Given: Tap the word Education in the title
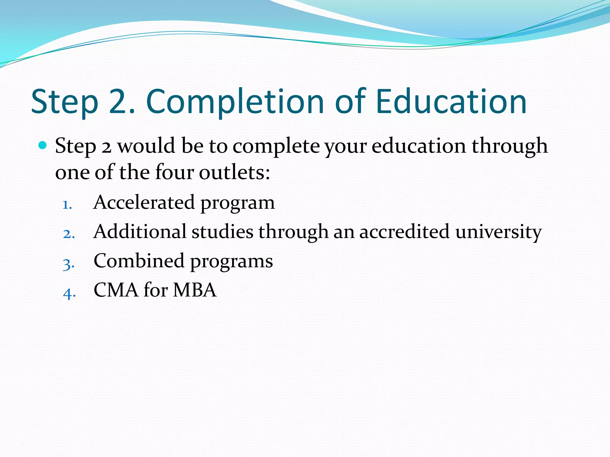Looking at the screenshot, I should (451, 102).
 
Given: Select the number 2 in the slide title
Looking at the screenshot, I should (119, 102).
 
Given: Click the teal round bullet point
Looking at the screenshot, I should (43, 145).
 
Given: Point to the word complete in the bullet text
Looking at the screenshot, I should (276, 146).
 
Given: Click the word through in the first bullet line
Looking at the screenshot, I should (509, 146).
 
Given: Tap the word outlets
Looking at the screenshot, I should (234, 172).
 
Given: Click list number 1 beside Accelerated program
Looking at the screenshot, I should (67, 205).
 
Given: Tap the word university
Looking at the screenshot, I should (498, 232).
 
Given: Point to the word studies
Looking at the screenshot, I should (222, 232).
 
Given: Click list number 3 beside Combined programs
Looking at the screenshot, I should (69, 264).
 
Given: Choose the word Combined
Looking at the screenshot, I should (139, 261).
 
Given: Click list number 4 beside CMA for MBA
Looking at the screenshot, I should (69, 293).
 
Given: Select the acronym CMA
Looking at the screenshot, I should (116, 290).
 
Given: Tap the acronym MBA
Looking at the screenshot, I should (194, 290).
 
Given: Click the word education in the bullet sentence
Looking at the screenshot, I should (418, 146).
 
